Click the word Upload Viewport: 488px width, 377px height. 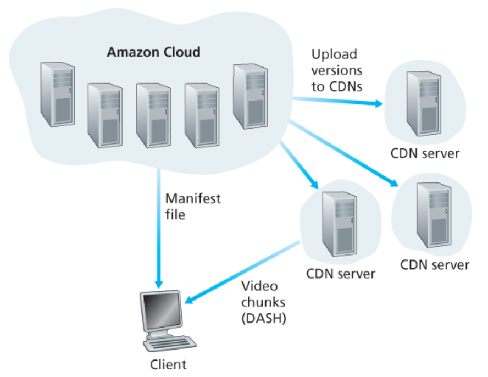tap(334, 54)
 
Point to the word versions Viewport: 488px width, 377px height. tap(337, 71)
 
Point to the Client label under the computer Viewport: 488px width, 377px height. tap(168, 364)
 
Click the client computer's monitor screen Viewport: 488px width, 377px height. tap(160, 313)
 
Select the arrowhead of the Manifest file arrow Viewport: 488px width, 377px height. tap(158, 284)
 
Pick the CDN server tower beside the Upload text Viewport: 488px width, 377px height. tap(422, 104)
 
